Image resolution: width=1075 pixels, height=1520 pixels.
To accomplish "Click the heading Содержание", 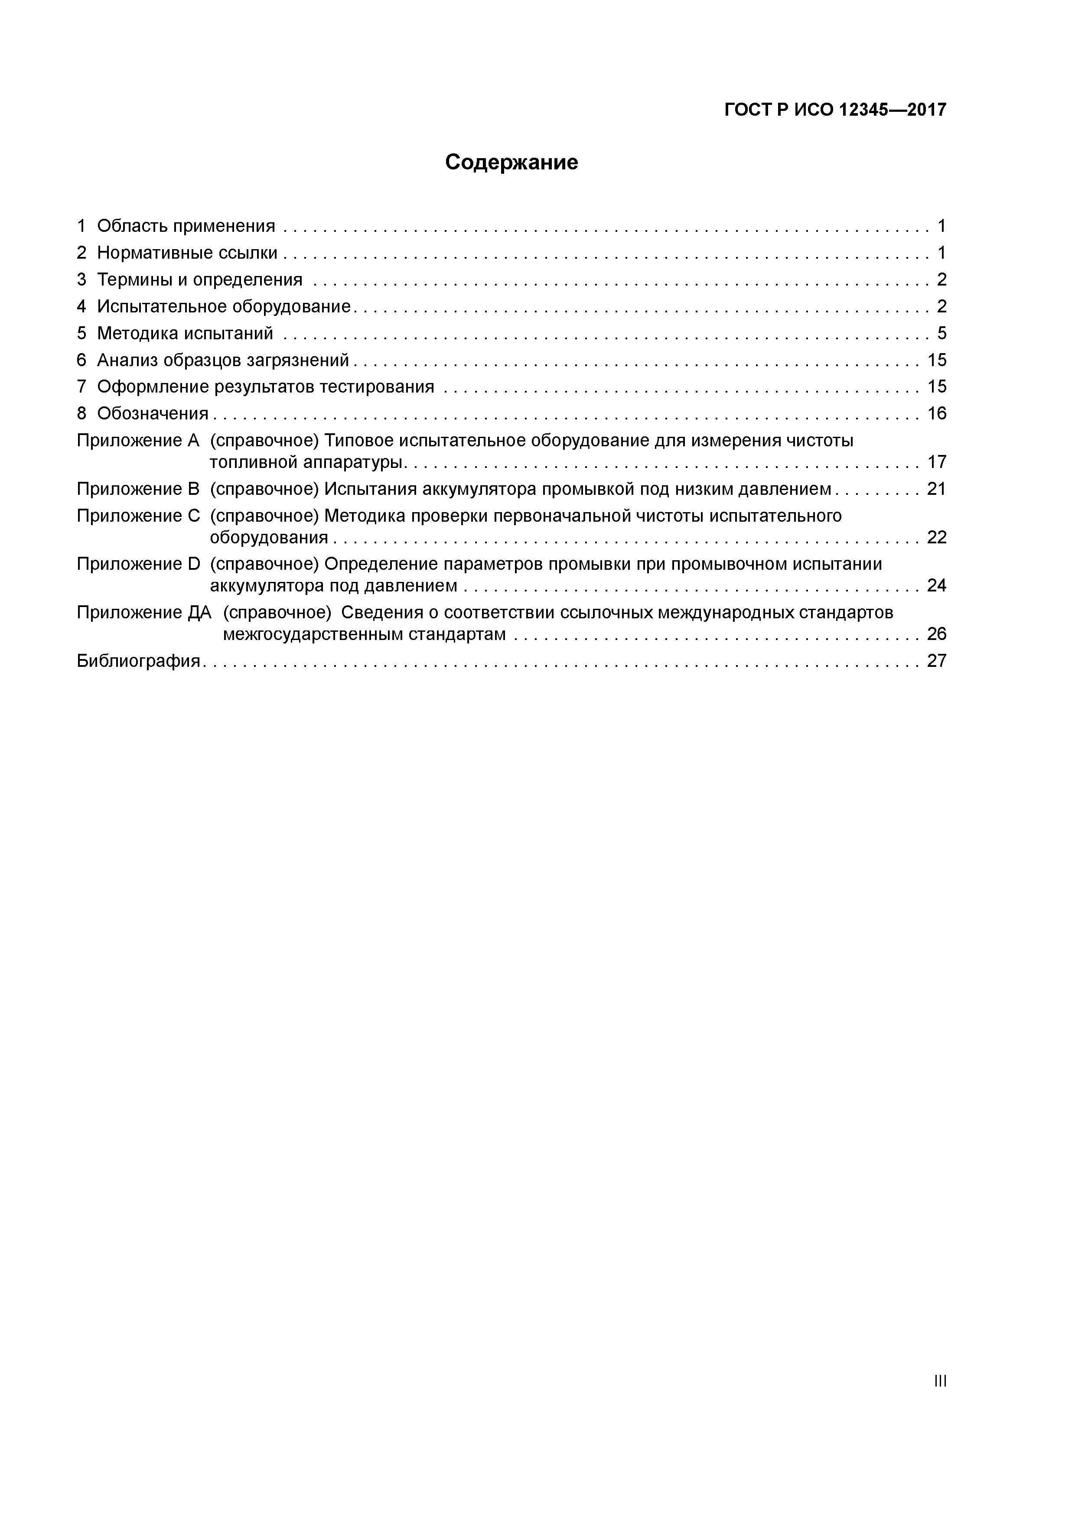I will click(511, 162).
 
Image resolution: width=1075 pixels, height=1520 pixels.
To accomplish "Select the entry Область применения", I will click(186, 227).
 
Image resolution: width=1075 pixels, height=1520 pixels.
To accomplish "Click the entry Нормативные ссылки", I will click(187, 253).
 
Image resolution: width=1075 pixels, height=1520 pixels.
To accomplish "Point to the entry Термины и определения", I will click(199, 280).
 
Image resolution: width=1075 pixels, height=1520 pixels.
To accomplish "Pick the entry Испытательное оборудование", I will click(223, 306).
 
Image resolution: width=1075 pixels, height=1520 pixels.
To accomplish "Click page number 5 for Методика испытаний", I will click(941, 333).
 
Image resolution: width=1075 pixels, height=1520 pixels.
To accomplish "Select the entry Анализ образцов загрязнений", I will click(222, 360).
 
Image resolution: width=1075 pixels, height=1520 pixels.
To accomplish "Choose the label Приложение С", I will click(138, 516).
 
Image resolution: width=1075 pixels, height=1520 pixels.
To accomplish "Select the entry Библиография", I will click(138, 661).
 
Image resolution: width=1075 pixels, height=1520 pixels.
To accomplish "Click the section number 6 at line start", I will click(81, 360).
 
